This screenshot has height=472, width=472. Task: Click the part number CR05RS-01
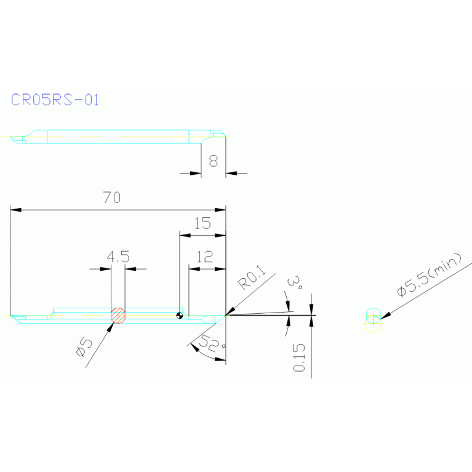[x=55, y=100]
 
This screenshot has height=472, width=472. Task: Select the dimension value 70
[x=111, y=198]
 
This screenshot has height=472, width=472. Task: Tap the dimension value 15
[x=202, y=223]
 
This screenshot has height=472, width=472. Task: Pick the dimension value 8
[x=213, y=161]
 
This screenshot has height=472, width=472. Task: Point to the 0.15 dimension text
[x=299, y=358]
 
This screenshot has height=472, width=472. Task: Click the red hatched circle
[x=118, y=315]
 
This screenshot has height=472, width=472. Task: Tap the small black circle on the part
[x=180, y=315]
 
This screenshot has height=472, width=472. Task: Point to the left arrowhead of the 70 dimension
[x=15, y=210]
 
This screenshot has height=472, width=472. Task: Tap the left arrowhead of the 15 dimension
[x=183, y=234]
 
